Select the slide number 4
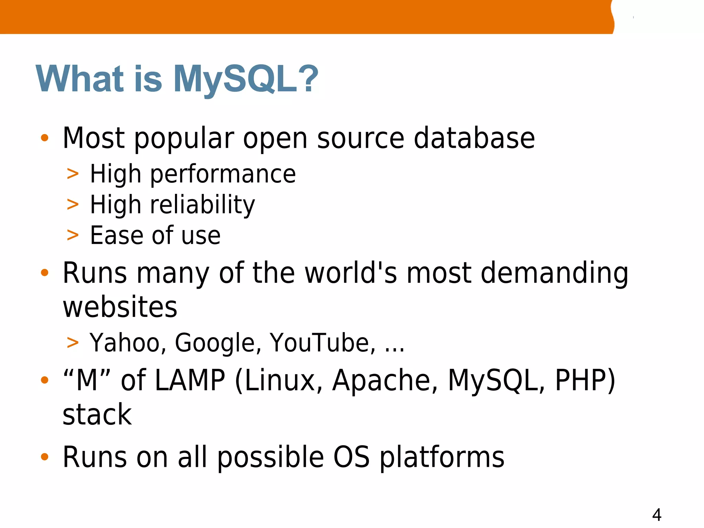point(657,515)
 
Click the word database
point(474,138)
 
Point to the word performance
point(223,174)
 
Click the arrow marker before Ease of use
point(73,235)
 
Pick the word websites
point(120,307)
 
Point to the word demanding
point(554,273)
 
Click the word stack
point(97,415)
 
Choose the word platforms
point(442,457)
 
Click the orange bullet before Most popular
point(45,138)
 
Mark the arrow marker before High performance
point(73,174)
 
